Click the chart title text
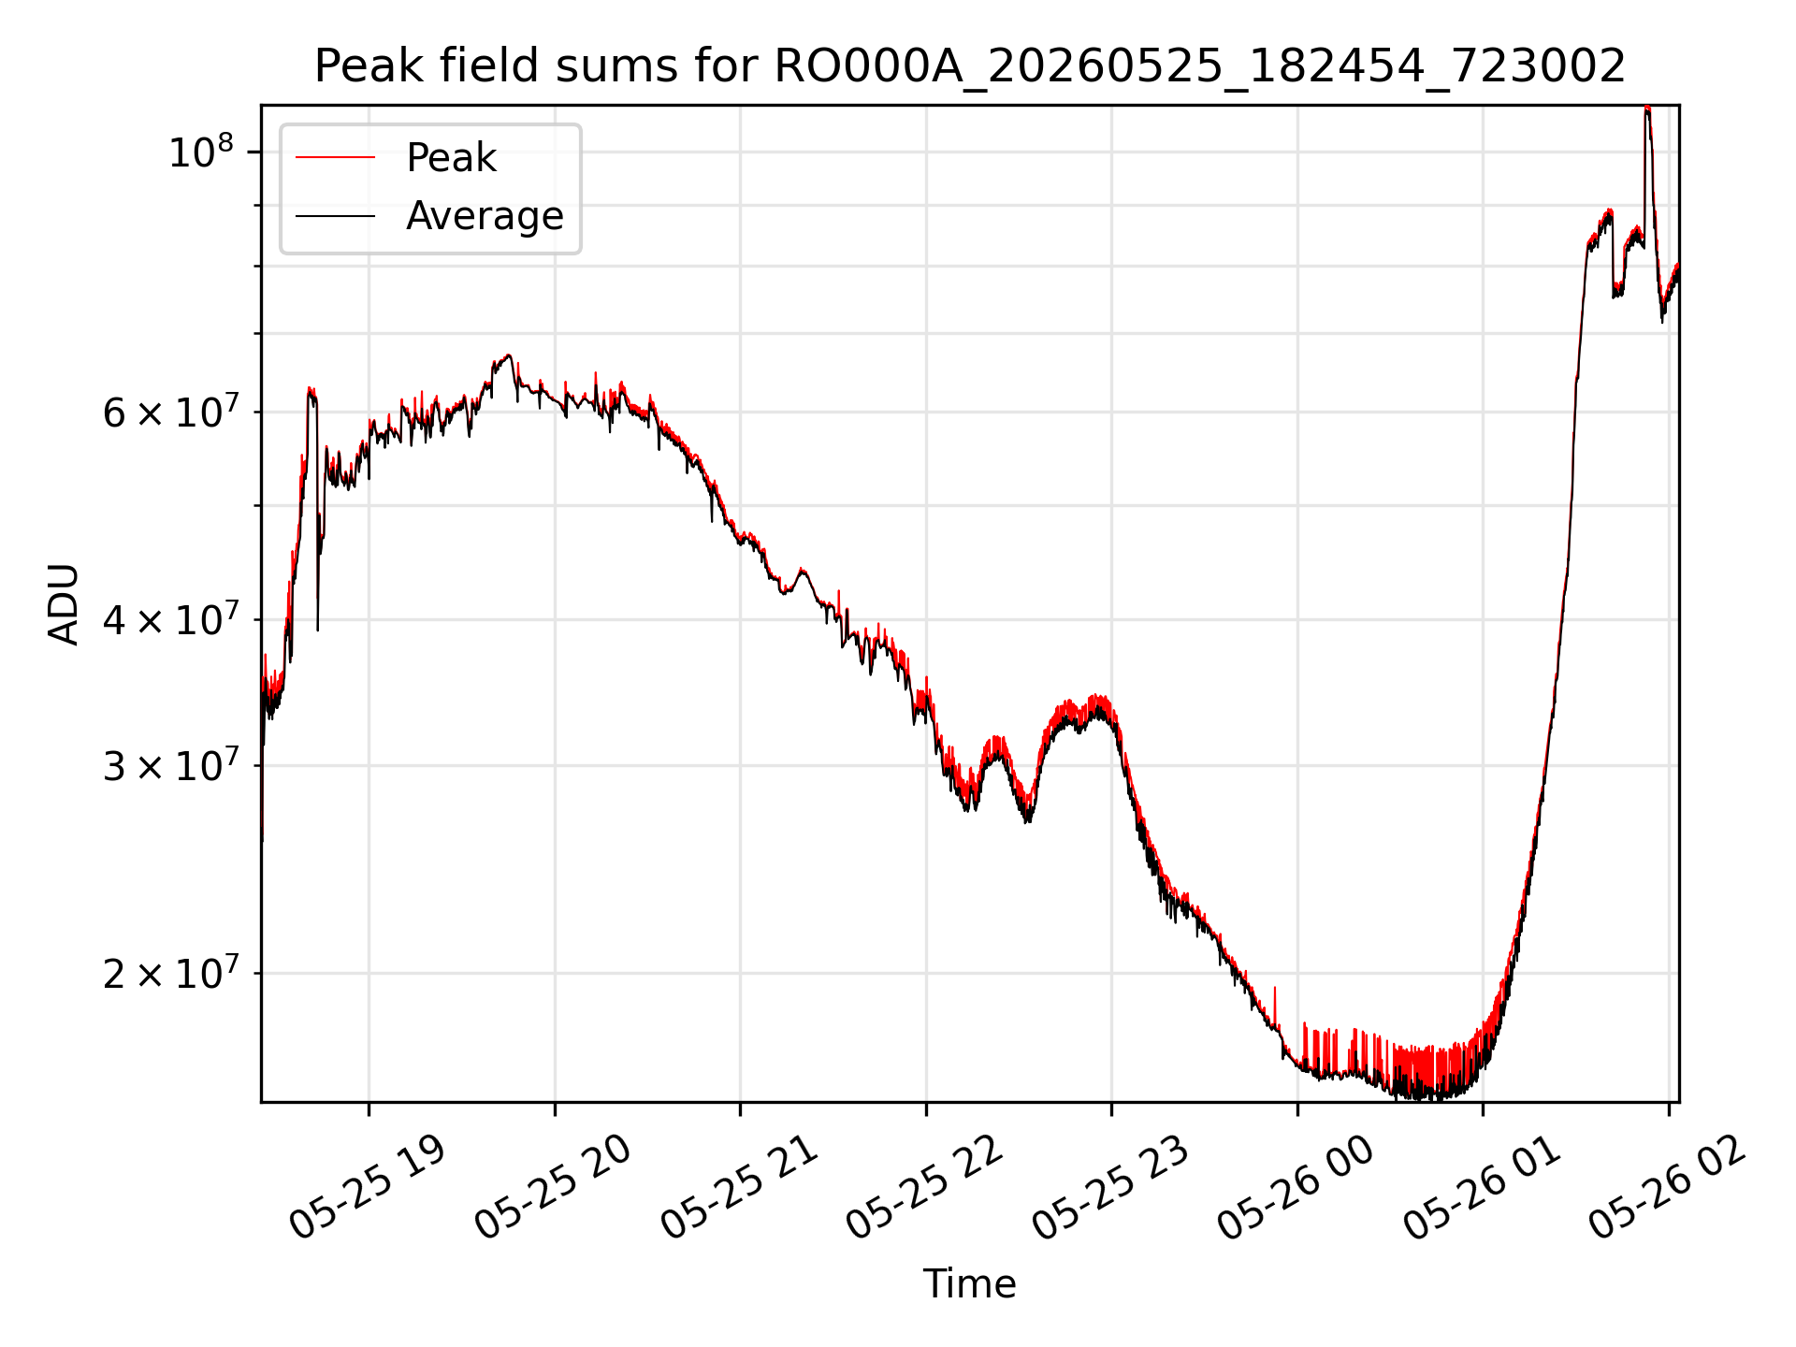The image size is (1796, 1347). click(970, 66)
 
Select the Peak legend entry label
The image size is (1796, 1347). click(451, 158)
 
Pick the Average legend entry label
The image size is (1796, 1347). click(485, 216)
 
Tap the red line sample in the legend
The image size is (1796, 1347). click(335, 158)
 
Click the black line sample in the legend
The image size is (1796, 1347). click(335, 216)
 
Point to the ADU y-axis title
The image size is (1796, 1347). click(64, 604)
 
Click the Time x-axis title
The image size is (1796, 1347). click(970, 1283)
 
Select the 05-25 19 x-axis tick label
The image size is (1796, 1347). click(368, 1187)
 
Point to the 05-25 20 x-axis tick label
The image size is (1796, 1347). click(554, 1187)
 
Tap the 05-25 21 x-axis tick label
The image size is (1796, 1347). click(740, 1187)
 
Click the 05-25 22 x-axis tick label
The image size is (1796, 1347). click(925, 1187)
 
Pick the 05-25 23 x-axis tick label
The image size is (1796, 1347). click(1111, 1187)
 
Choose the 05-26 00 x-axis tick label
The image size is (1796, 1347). click(1296, 1187)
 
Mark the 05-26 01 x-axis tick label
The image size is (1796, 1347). click(1483, 1187)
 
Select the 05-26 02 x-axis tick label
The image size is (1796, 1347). click(1668, 1187)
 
